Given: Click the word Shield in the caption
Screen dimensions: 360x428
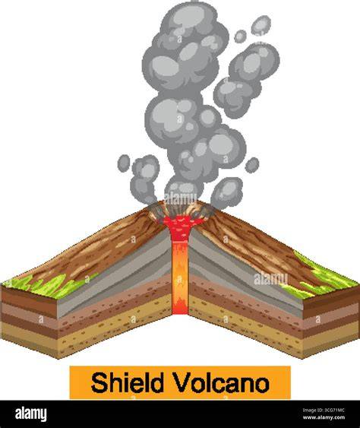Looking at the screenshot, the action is [128, 382].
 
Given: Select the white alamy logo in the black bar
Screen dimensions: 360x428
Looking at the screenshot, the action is [31, 414].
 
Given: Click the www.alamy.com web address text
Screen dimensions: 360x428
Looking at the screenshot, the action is [324, 417].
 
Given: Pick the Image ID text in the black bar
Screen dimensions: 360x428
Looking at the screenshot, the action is [324, 410].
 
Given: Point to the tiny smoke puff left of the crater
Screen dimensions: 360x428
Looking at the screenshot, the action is [124, 163].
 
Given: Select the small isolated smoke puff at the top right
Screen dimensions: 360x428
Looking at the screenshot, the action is [261, 25].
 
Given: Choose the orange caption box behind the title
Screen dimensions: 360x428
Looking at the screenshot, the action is [180, 382].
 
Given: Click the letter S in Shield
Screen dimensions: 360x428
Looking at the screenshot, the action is [99, 382].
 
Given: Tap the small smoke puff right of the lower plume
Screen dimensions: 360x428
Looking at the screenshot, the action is [251, 165].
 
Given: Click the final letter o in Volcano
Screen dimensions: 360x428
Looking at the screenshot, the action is [261, 385].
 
